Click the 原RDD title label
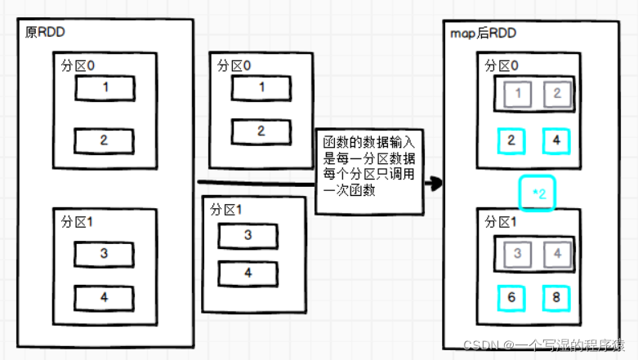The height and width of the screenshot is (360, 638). click(x=47, y=33)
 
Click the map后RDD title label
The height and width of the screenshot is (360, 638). click(x=483, y=33)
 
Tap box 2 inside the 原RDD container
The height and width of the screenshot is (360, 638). click(x=105, y=140)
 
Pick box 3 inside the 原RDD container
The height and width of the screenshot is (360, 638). click(x=105, y=254)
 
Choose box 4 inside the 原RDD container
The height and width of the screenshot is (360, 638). click(x=105, y=298)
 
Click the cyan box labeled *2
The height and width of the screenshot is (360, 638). click(x=539, y=194)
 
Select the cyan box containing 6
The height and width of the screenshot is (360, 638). click(x=511, y=297)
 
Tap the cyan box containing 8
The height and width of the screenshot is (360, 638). click(x=555, y=297)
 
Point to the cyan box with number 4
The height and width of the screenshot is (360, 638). click(x=555, y=141)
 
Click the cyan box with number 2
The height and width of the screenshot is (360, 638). click(x=511, y=141)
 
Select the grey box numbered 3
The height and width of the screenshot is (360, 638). click(x=518, y=254)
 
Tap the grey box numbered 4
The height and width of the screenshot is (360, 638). click(x=556, y=254)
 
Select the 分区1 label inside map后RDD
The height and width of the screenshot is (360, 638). click(x=501, y=222)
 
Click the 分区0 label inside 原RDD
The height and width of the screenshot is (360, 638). click(x=78, y=68)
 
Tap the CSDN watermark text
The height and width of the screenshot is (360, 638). click(x=544, y=346)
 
